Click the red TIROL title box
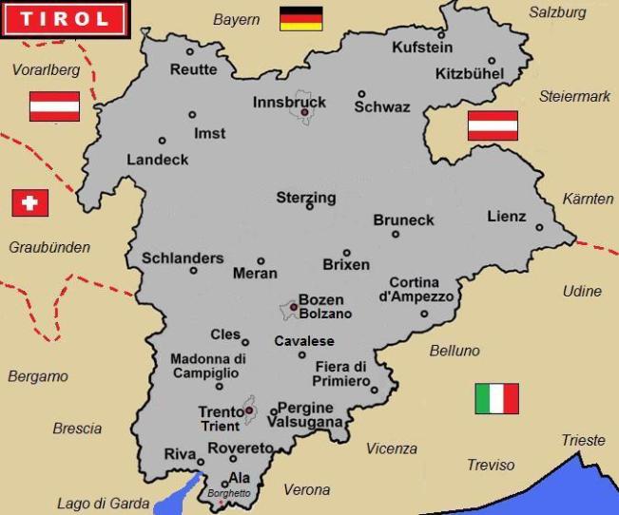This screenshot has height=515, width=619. [x=63, y=18]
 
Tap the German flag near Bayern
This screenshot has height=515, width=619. [x=301, y=18]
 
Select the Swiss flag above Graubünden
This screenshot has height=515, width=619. [x=29, y=202]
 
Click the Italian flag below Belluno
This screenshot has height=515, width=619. [x=496, y=398]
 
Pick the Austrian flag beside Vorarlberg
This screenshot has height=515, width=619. [x=54, y=105]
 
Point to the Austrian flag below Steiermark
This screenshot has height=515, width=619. [x=493, y=125]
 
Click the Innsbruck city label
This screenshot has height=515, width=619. [x=289, y=102]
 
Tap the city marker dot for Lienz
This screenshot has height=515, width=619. [x=539, y=227]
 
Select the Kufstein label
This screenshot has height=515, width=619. [x=422, y=47]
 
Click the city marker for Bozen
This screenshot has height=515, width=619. [x=293, y=307]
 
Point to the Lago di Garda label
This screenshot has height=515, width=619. [x=103, y=504]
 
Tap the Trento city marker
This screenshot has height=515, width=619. [x=249, y=411]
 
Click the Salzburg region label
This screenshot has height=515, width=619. [x=557, y=12]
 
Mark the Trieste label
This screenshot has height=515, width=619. [x=583, y=440]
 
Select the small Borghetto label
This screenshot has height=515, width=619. [x=229, y=493]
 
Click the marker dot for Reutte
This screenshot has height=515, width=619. [x=190, y=51]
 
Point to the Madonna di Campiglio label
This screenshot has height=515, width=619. [x=208, y=366]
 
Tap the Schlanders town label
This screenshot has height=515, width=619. [x=183, y=257]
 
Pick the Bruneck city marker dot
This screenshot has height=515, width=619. [x=396, y=234]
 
